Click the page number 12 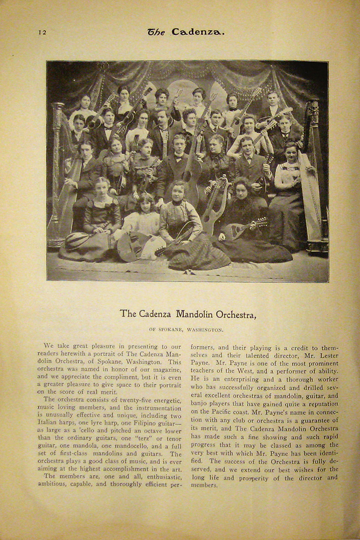[x=42, y=32]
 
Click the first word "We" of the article [x=49, y=346]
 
